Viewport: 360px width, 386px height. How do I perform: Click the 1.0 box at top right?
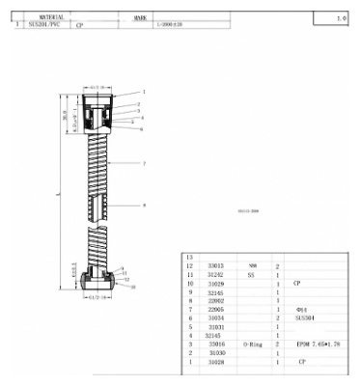(341, 18)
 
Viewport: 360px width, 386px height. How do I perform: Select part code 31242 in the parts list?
(217, 274)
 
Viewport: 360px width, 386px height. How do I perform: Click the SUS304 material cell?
(305, 317)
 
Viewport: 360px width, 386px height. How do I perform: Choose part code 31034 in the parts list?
(217, 317)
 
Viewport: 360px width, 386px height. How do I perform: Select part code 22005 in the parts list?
(217, 309)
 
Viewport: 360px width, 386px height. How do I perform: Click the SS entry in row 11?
(252, 274)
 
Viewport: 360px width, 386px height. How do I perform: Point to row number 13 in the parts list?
(189, 256)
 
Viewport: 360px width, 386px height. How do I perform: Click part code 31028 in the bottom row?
(217, 361)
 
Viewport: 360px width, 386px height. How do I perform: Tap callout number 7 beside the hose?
(144, 165)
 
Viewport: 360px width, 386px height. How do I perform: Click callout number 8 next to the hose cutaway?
(144, 206)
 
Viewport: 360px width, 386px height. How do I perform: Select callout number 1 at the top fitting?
(144, 90)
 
